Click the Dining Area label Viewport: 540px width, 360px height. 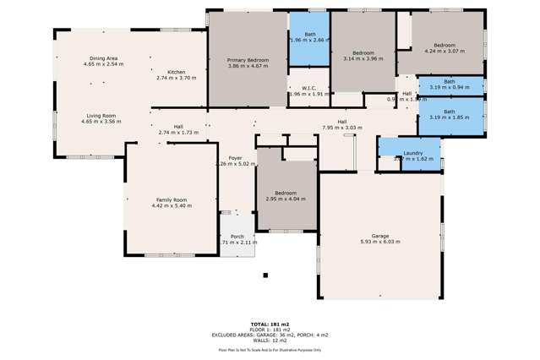(103, 58)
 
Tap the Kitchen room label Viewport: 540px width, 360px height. (176, 73)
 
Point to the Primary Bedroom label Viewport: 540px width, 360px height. (248, 61)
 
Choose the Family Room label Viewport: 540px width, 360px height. (172, 200)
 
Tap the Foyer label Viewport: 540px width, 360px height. (234, 158)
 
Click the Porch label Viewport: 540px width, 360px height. (237, 237)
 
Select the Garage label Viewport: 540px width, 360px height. (380, 236)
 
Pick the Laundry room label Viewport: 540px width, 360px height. (412, 153)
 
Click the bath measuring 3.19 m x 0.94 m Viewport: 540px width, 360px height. (449, 82)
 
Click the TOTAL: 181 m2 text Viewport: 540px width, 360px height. (270, 324)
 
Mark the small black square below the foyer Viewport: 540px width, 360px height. (265, 275)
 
